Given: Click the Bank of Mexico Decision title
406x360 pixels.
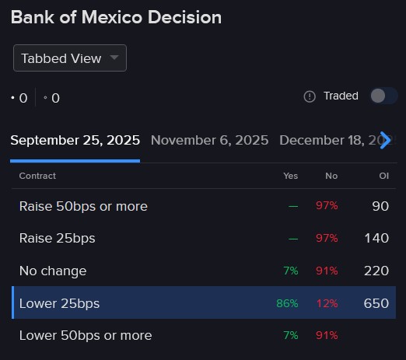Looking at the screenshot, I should point(116,17).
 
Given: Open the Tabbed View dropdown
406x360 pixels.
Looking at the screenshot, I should point(69,58).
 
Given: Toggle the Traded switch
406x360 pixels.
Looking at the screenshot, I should point(378,96).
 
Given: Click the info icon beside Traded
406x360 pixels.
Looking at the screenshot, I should point(310,96).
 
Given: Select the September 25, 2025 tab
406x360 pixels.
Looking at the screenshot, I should point(75,141).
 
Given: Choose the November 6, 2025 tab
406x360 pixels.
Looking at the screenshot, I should point(209,141).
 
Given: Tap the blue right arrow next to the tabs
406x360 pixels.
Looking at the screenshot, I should point(384,141).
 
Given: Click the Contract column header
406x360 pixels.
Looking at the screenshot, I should point(37,176).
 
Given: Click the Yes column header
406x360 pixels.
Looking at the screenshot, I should point(290,176).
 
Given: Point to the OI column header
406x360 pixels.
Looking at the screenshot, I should point(383,176).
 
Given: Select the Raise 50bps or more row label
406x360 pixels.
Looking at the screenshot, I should point(83,206).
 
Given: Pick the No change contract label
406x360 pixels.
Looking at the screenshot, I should point(53,271).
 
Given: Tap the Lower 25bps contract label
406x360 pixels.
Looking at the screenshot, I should point(59,303).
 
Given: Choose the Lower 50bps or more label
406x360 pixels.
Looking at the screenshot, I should point(86,335).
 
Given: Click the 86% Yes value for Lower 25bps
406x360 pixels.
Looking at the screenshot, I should point(287,303).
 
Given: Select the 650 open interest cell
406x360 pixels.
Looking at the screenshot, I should point(376,303).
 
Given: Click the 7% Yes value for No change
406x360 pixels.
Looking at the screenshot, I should point(290,271).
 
